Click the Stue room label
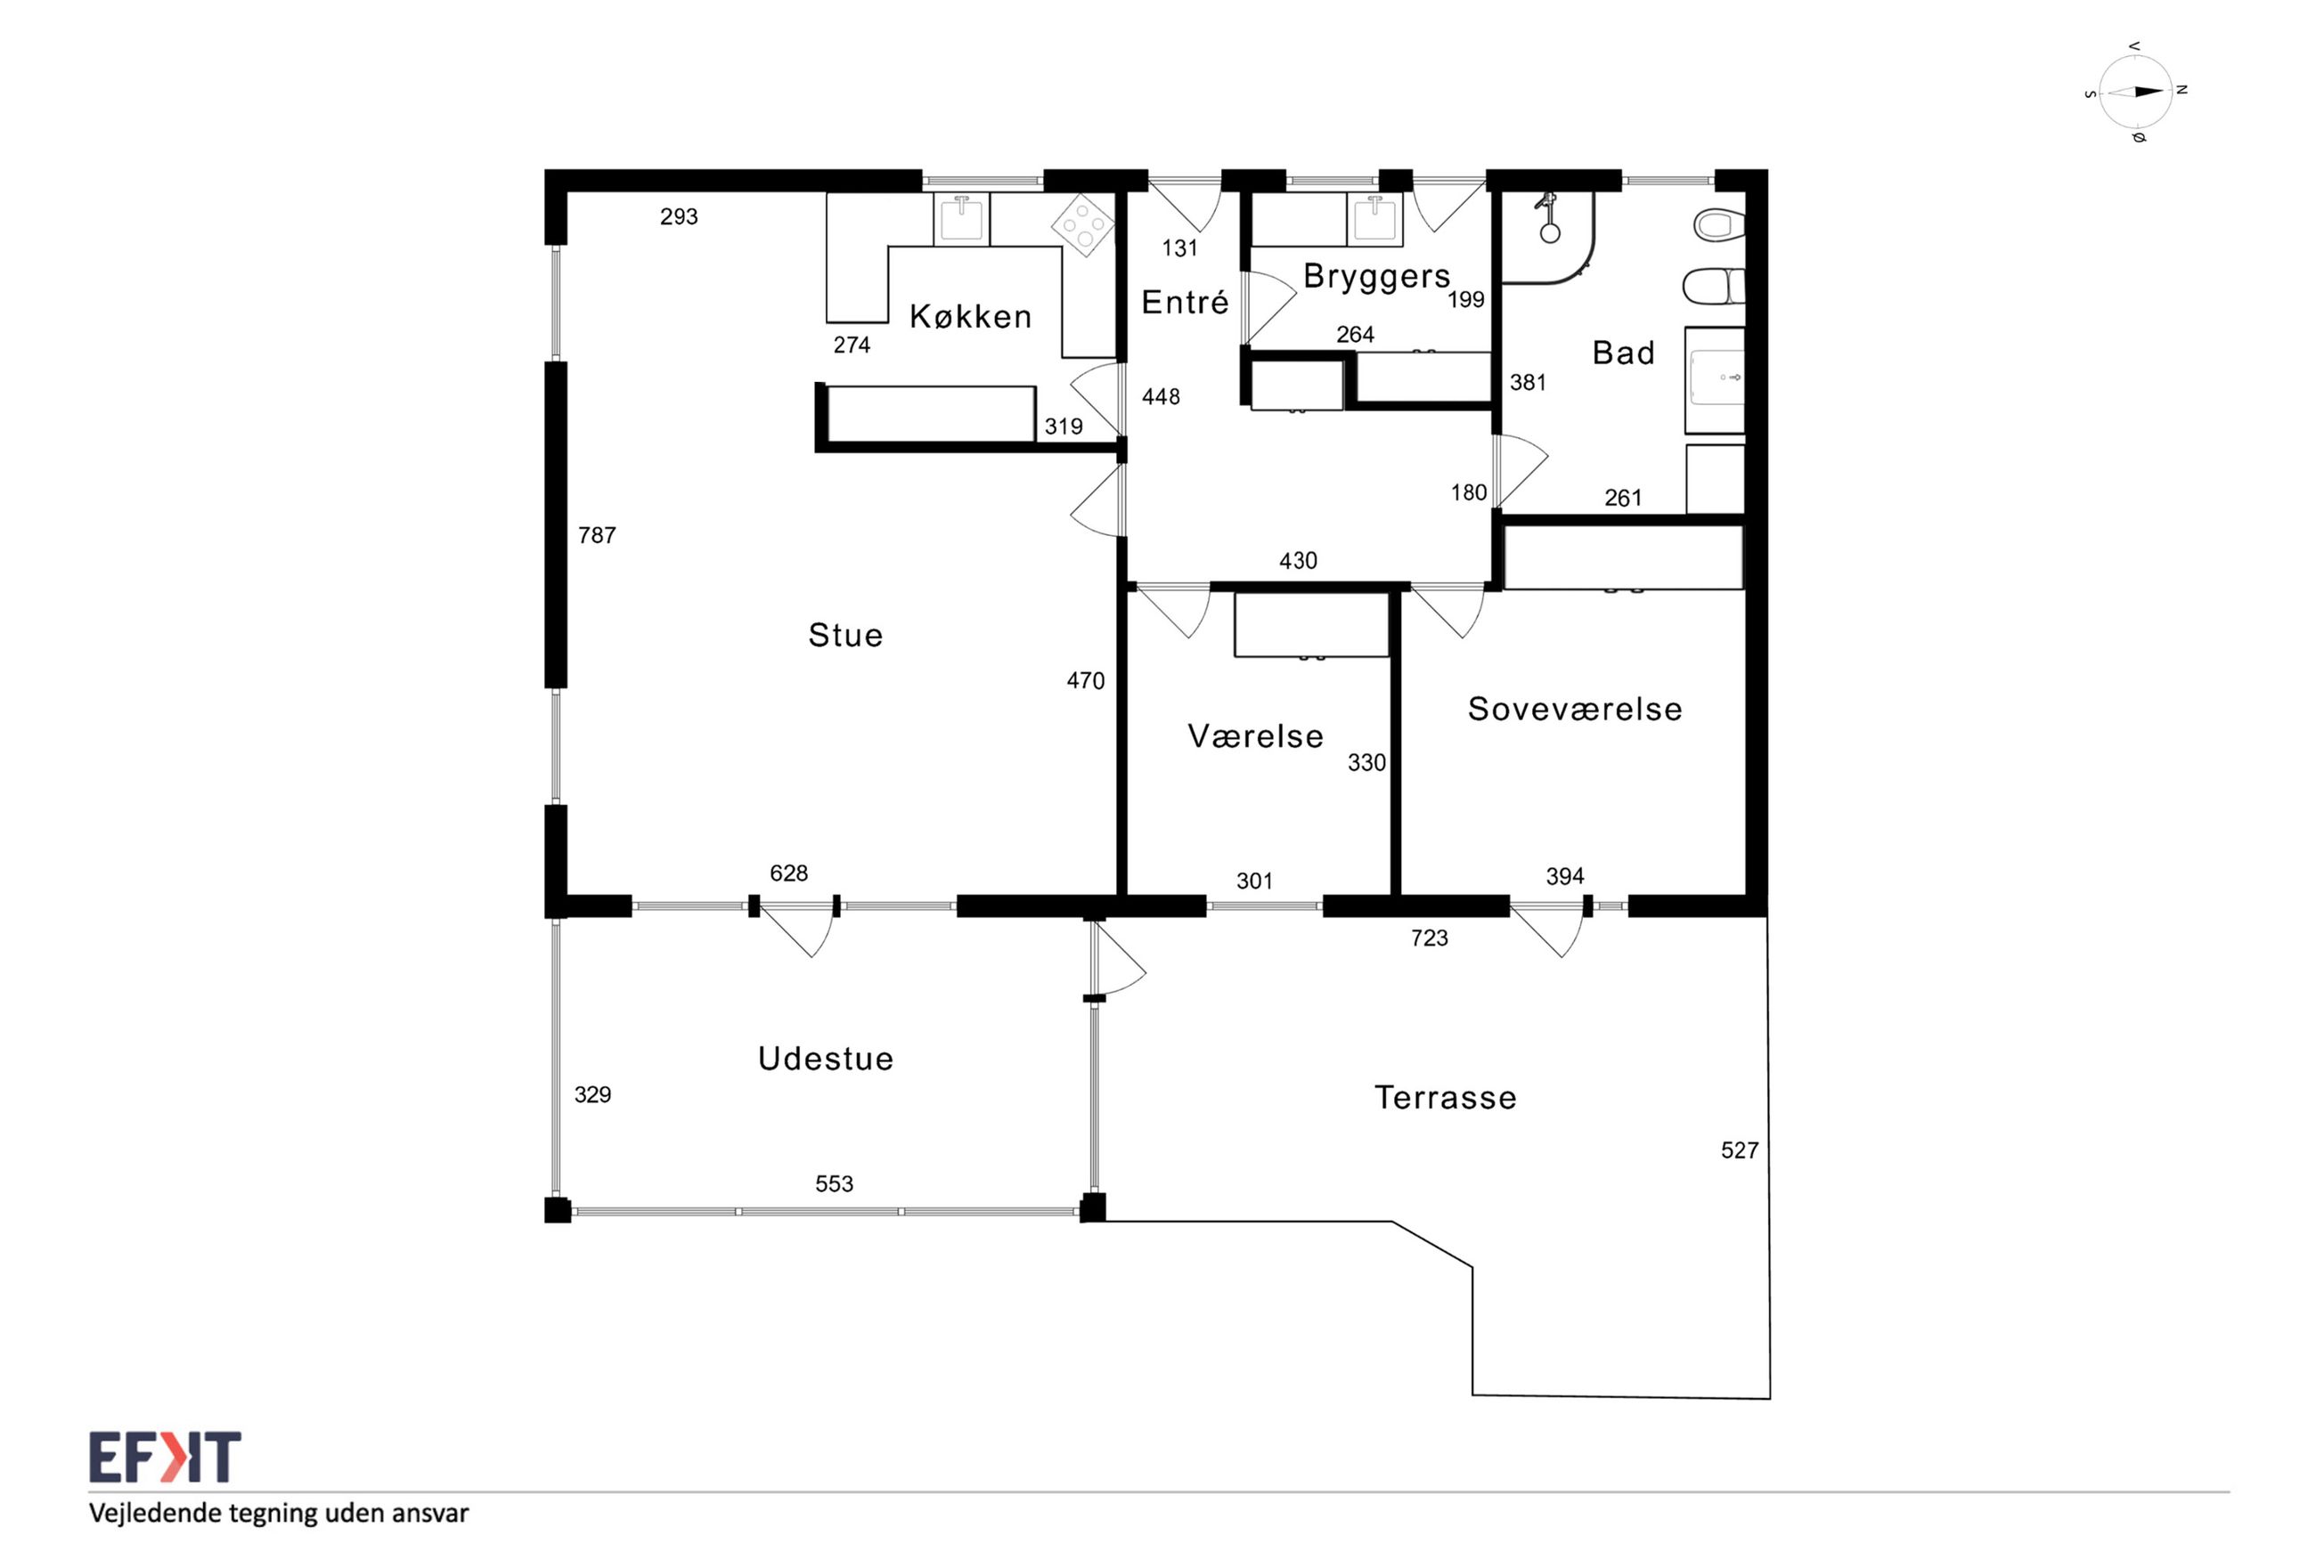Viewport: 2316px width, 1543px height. click(845, 635)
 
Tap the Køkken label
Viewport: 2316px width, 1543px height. click(971, 316)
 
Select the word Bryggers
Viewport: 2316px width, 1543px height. click(1376, 277)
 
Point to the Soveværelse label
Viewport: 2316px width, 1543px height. click(1575, 709)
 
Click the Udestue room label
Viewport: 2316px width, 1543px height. click(826, 1058)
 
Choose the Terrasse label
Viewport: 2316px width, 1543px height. click(1445, 1097)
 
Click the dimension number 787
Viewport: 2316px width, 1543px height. click(597, 535)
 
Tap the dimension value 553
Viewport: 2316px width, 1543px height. click(834, 1184)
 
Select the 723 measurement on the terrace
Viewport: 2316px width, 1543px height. click(1429, 938)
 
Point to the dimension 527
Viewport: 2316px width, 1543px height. click(1739, 1150)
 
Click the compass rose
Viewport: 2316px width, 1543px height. click(2135, 92)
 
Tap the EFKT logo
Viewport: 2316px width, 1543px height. click(166, 1457)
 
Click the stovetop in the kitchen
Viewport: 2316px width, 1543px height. click(1082, 224)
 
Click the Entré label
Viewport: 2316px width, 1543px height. click(1185, 302)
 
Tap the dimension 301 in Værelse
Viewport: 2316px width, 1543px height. click(1254, 881)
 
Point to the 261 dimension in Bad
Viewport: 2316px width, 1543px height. click(1623, 498)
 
